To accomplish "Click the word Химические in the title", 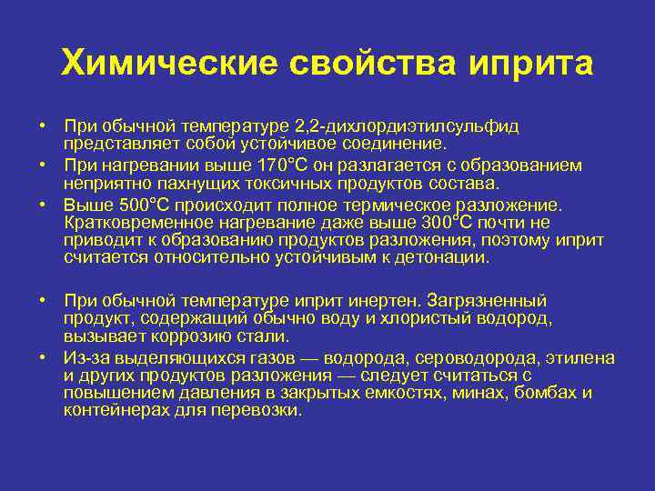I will (168, 65).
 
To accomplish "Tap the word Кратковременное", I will (135, 224).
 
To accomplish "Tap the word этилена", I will (575, 358).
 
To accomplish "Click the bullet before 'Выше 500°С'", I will (43, 205).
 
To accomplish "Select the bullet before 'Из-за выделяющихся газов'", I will (43, 358).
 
